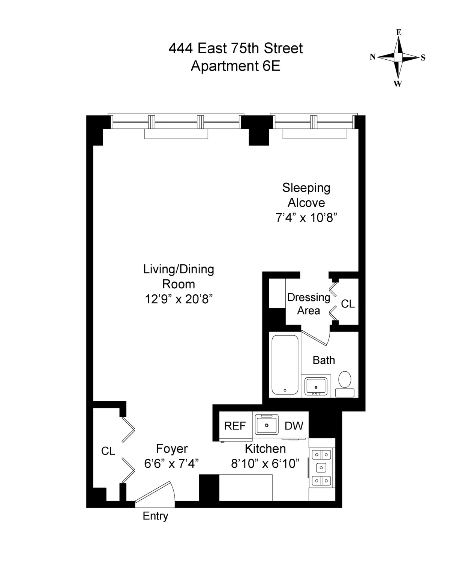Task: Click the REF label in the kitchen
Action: point(235,426)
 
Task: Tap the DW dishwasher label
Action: point(294,426)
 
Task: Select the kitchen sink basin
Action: point(266,425)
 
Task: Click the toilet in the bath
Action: point(345,380)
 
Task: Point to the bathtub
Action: point(285,365)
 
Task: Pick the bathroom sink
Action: point(316,385)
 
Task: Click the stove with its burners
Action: point(321,467)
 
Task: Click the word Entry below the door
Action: point(155,516)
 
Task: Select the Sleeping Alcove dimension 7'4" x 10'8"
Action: point(304,218)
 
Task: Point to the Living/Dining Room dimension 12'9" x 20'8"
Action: point(179,299)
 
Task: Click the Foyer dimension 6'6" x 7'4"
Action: point(171,464)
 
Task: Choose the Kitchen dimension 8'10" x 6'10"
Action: point(265,464)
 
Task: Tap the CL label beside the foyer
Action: point(108,451)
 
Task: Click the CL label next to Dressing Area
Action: point(348,304)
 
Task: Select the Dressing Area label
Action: point(309,304)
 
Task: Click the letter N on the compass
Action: point(372,57)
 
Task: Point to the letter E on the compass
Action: point(399,33)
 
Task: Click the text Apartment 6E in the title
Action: point(235,66)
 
